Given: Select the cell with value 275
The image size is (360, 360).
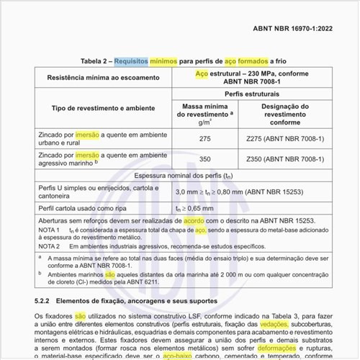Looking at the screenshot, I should point(204,138).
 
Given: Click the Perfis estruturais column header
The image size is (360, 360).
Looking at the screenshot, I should point(241,94).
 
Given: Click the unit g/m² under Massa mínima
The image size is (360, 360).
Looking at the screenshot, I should point(204,122).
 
